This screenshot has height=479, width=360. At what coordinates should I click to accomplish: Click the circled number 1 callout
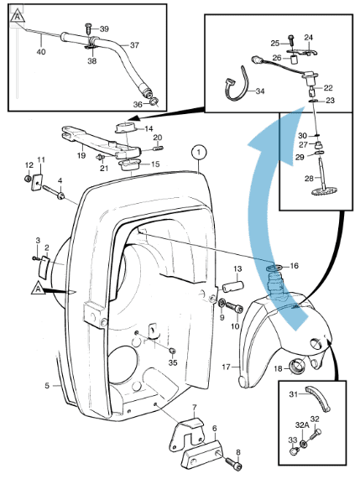198,152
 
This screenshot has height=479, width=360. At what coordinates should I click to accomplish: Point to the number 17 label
226,367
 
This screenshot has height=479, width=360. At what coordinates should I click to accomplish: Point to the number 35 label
173,362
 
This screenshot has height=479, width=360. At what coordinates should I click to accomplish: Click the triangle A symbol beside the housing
38,287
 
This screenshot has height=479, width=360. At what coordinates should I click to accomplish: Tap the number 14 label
149,128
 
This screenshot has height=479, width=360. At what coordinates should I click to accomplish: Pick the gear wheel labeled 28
317,195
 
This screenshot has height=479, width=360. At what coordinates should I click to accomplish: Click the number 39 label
104,29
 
